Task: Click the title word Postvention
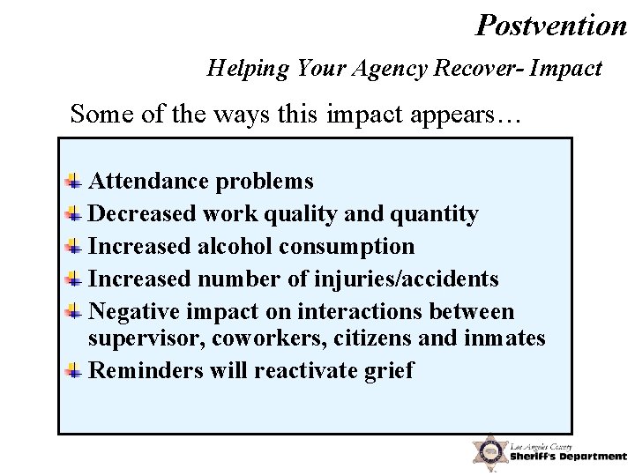550,25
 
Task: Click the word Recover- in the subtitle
490,69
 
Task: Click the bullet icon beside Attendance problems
76,182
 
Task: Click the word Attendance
148,182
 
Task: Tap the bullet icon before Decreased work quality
76,214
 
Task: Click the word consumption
356,248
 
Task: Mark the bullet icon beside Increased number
76,280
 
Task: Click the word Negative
138,313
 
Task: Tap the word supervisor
145,338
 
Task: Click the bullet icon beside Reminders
76,371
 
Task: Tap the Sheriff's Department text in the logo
568,456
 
